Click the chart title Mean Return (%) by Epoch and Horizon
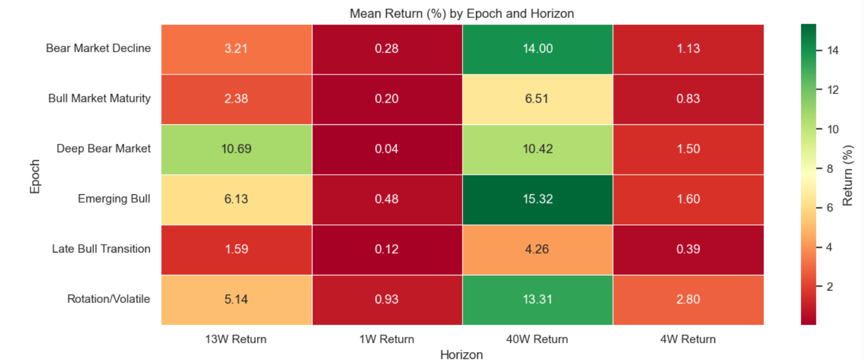[462, 13]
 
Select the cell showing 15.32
[538, 199]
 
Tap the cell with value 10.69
[236, 149]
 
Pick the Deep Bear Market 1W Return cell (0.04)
[387, 149]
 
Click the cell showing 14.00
[538, 49]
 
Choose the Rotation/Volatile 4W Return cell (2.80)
[688, 300]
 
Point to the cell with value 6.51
[538, 99]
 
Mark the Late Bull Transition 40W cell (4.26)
[538, 249]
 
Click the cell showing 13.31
[538, 300]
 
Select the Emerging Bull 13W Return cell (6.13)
[236, 199]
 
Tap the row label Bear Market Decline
[99, 49]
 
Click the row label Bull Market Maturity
[99, 99]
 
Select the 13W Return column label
[236, 339]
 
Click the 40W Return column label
[538, 339]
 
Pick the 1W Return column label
[387, 339]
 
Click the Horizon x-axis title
[462, 354]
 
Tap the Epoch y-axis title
[35, 174]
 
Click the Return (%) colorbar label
[848, 174]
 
